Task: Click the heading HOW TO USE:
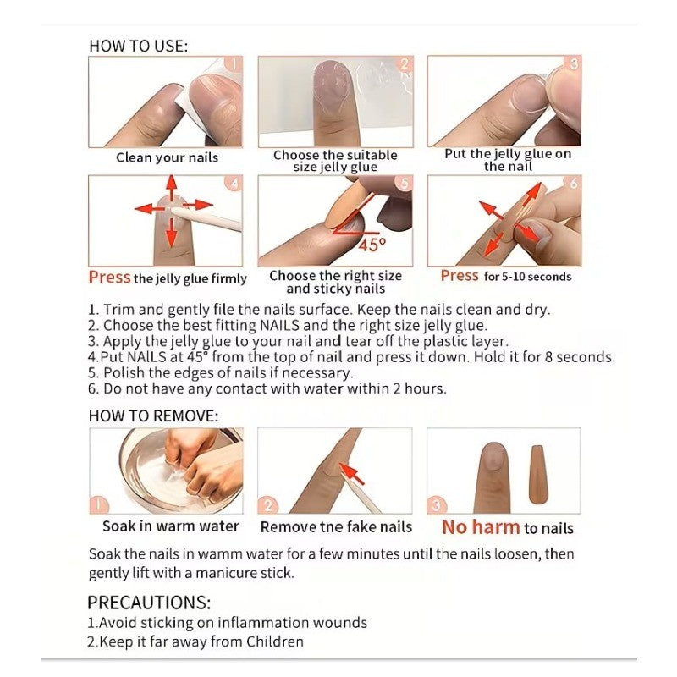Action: click(139, 47)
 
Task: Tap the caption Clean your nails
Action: click(167, 157)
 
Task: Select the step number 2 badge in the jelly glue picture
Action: click(405, 65)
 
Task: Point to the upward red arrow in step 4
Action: click(172, 187)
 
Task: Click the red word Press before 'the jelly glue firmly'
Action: click(109, 278)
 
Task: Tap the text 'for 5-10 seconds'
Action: click(527, 277)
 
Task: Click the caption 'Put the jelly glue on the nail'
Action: click(508, 160)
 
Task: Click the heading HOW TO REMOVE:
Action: click(154, 416)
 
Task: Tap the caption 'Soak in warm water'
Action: click(171, 526)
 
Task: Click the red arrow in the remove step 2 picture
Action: click(352, 473)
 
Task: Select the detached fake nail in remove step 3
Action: click(537, 475)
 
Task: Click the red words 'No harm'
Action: click(481, 527)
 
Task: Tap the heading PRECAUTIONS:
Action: click(149, 603)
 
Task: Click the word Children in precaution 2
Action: click(275, 641)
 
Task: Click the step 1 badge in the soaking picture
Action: click(99, 504)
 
